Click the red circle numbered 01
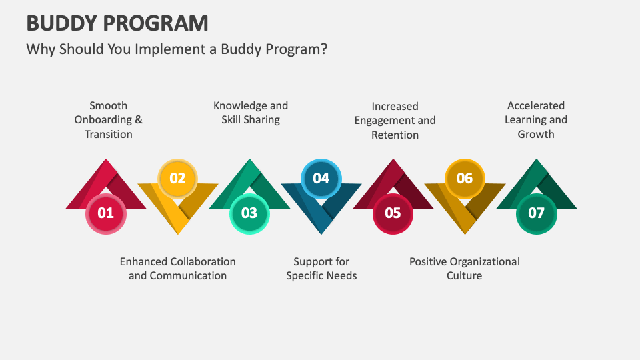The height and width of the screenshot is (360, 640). click(x=106, y=213)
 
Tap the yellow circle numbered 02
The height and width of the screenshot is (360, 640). click(x=177, y=179)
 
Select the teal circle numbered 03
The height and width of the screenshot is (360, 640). click(x=249, y=213)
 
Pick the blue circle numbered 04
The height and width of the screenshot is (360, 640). click(x=321, y=179)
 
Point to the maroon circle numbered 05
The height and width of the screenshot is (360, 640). click(x=393, y=213)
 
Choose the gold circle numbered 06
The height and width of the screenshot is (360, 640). click(x=465, y=179)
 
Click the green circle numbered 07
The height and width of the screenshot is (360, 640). click(x=536, y=213)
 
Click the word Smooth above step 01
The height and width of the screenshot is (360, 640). click(x=109, y=106)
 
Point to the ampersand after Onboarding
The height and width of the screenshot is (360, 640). click(x=139, y=119)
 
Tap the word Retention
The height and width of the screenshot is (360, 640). click(x=395, y=135)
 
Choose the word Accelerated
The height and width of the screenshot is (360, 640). click(x=536, y=106)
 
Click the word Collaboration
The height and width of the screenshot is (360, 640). click(x=206, y=261)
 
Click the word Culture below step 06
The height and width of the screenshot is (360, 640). click(x=465, y=276)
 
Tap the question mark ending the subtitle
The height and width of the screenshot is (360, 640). click(x=324, y=49)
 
